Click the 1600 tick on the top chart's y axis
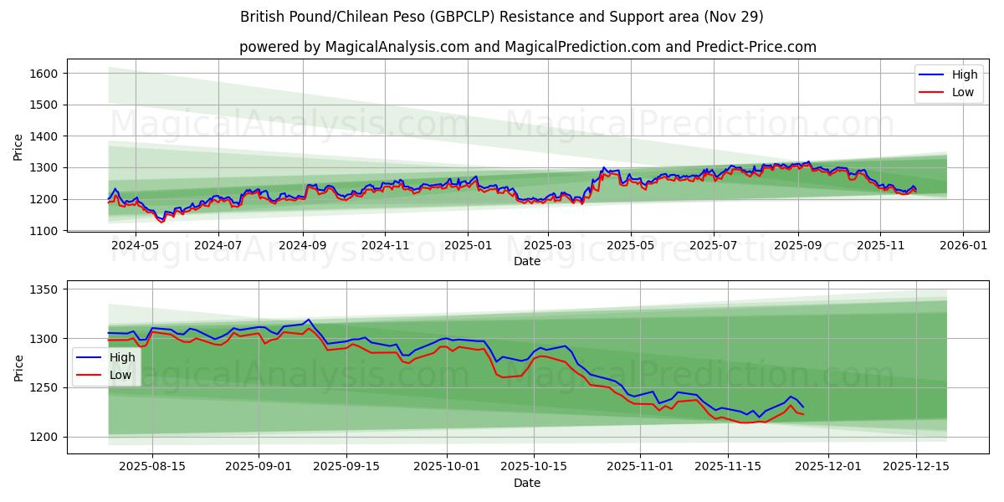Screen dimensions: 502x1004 (44, 74)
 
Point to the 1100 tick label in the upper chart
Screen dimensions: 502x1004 (44, 231)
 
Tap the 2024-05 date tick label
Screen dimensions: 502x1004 (135, 246)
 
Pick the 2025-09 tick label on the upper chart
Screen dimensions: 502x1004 (797, 246)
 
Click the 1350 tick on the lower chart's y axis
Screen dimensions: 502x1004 (44, 289)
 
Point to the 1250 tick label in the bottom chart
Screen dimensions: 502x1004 (44, 388)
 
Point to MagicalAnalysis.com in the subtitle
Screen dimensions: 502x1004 (389, 47)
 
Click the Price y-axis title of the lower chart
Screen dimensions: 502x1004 (18, 367)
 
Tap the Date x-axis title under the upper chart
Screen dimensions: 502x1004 (527, 261)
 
